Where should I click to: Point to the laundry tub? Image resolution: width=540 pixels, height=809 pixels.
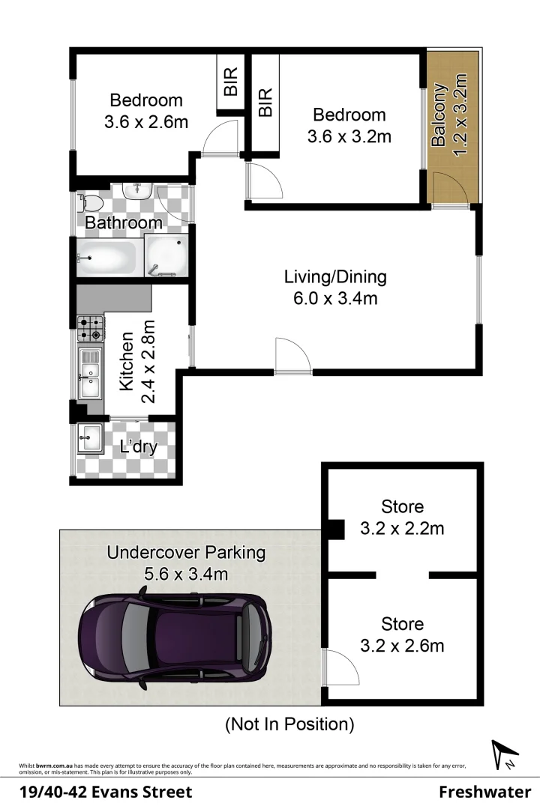(x=91, y=438)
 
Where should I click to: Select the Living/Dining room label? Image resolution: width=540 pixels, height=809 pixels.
(x=335, y=277)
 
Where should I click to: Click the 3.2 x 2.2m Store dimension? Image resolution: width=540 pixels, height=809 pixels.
(x=402, y=529)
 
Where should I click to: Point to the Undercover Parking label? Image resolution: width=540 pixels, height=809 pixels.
(x=186, y=553)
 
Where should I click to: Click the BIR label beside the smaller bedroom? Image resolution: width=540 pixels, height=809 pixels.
(x=231, y=82)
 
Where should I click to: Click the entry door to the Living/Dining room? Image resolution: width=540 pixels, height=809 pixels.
(x=292, y=357)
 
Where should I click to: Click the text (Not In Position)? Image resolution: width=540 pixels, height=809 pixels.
(x=289, y=724)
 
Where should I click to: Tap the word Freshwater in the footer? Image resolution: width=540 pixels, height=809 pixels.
(x=484, y=792)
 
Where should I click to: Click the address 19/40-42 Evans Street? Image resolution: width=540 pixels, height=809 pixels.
(x=105, y=792)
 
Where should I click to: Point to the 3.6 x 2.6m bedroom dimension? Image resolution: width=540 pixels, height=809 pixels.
(x=146, y=121)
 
